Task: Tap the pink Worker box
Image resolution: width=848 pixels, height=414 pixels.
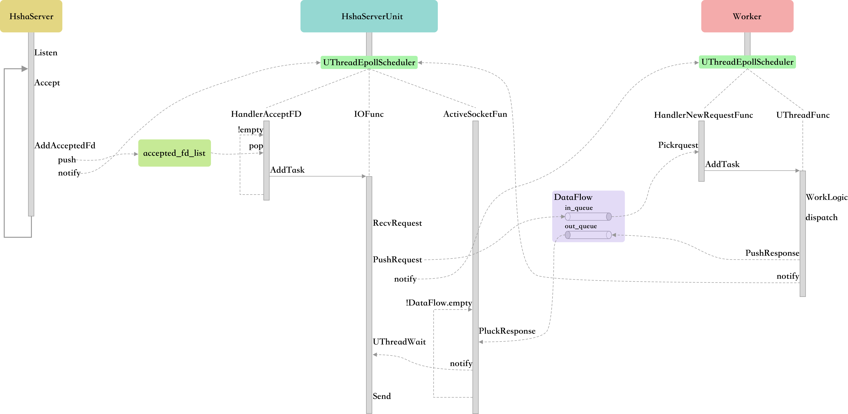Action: [x=747, y=16]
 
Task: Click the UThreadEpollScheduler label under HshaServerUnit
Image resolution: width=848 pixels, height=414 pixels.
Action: [x=369, y=62]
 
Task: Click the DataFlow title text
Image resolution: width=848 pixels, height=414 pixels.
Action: [x=573, y=197]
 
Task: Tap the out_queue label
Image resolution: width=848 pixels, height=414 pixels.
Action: [x=581, y=226]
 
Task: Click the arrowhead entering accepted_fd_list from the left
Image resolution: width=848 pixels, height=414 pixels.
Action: [x=136, y=154]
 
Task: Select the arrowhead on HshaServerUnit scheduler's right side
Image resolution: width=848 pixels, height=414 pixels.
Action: [x=420, y=63]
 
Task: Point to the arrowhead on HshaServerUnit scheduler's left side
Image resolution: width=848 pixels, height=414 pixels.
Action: [x=318, y=63]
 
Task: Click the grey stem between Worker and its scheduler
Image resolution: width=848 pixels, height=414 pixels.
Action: [x=747, y=44]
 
